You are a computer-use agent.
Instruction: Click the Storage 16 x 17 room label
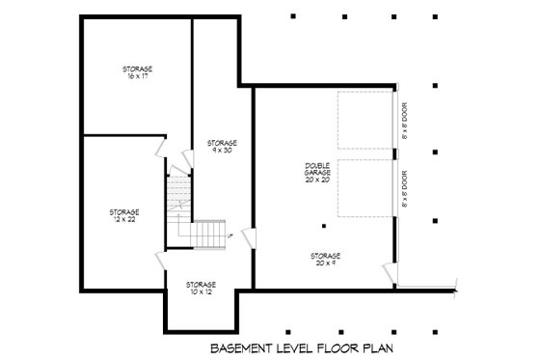click(x=137, y=71)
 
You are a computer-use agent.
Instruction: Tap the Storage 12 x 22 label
click(x=124, y=214)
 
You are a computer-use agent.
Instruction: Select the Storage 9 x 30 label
click(x=223, y=147)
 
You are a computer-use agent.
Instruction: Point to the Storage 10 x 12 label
click(x=201, y=287)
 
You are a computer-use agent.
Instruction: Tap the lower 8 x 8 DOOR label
click(x=406, y=193)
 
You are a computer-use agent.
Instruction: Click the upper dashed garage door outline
click(x=364, y=122)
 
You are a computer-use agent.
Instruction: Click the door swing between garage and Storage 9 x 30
click(x=248, y=237)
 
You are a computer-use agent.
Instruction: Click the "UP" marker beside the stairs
click(x=229, y=234)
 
